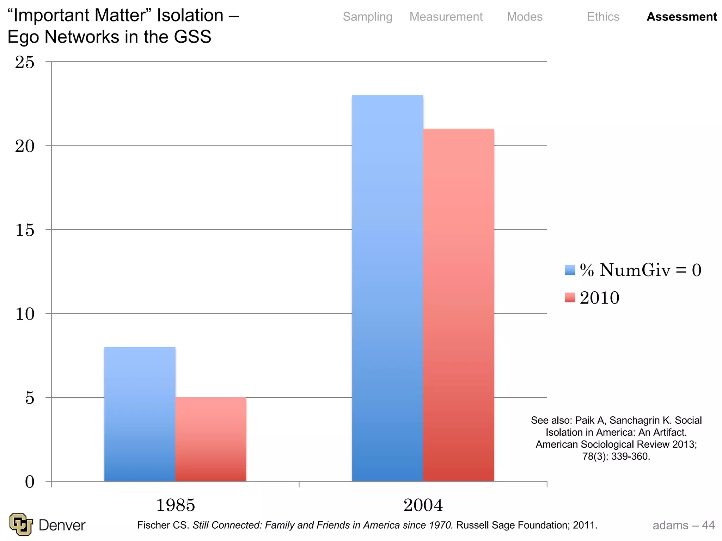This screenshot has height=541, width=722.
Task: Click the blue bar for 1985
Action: [140, 414]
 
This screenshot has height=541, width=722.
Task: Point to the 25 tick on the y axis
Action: [25, 62]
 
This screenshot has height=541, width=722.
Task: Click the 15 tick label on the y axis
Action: [25, 230]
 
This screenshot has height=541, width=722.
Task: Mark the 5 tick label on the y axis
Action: [30, 398]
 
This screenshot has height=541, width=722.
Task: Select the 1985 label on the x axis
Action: [175, 505]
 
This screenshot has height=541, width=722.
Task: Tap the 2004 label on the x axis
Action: [423, 505]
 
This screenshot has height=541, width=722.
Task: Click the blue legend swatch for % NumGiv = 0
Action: [570, 270]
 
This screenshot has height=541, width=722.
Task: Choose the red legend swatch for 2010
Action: [570, 298]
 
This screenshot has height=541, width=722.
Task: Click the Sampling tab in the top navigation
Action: [367, 17]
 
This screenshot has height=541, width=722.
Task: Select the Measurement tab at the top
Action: [446, 17]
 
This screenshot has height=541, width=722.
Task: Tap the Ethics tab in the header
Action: [603, 17]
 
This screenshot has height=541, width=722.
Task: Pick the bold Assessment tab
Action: [681, 17]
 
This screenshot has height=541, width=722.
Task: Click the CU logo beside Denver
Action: [21, 524]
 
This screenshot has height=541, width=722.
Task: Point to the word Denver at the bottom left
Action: [62, 525]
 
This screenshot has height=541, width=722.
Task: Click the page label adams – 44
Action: [683, 525]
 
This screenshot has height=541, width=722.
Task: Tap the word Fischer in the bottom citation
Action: [154, 525]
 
